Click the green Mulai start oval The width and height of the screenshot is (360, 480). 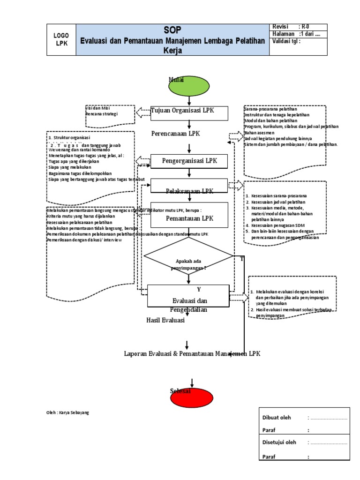coord(188,85)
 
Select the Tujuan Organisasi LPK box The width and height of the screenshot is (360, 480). coord(189,113)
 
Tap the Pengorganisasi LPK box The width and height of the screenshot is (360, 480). coord(189,161)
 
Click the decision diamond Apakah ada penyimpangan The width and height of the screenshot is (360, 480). coord(188,263)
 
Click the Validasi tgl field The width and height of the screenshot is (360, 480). coord(286,41)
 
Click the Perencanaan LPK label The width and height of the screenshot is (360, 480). coord(175,134)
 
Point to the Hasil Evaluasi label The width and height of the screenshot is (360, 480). coord(165,321)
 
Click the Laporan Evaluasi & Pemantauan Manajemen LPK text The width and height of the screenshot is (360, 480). coord(192,353)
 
